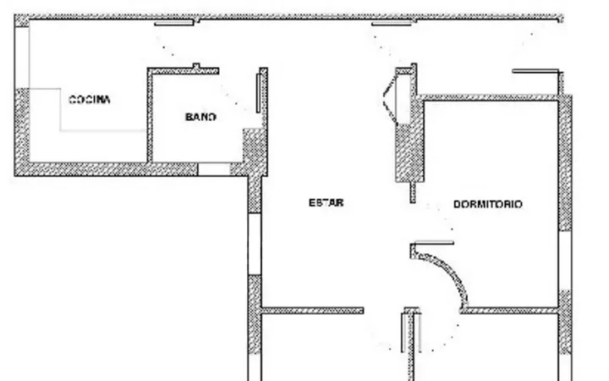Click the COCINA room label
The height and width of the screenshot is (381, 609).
pos(90,100)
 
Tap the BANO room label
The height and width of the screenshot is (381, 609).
pos(200,117)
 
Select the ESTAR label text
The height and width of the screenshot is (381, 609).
pos(326,202)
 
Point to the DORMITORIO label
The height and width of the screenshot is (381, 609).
pos(488,204)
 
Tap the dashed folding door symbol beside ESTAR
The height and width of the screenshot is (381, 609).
pos(390,99)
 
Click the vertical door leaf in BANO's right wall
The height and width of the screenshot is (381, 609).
pos(258,93)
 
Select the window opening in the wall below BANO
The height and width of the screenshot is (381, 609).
pos(214,169)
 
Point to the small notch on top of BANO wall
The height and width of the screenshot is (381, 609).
pos(196,67)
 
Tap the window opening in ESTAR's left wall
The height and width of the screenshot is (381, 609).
pos(255,244)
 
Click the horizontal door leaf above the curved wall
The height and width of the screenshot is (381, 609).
pos(434,243)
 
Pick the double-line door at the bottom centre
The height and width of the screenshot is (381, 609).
pos(411,333)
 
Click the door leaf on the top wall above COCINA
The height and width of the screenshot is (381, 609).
pos(174,24)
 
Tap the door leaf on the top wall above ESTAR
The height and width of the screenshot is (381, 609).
pos(392,24)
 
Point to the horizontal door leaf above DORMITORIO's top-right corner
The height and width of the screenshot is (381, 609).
pos(535,71)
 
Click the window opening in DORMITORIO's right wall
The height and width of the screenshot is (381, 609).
pos(565,261)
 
